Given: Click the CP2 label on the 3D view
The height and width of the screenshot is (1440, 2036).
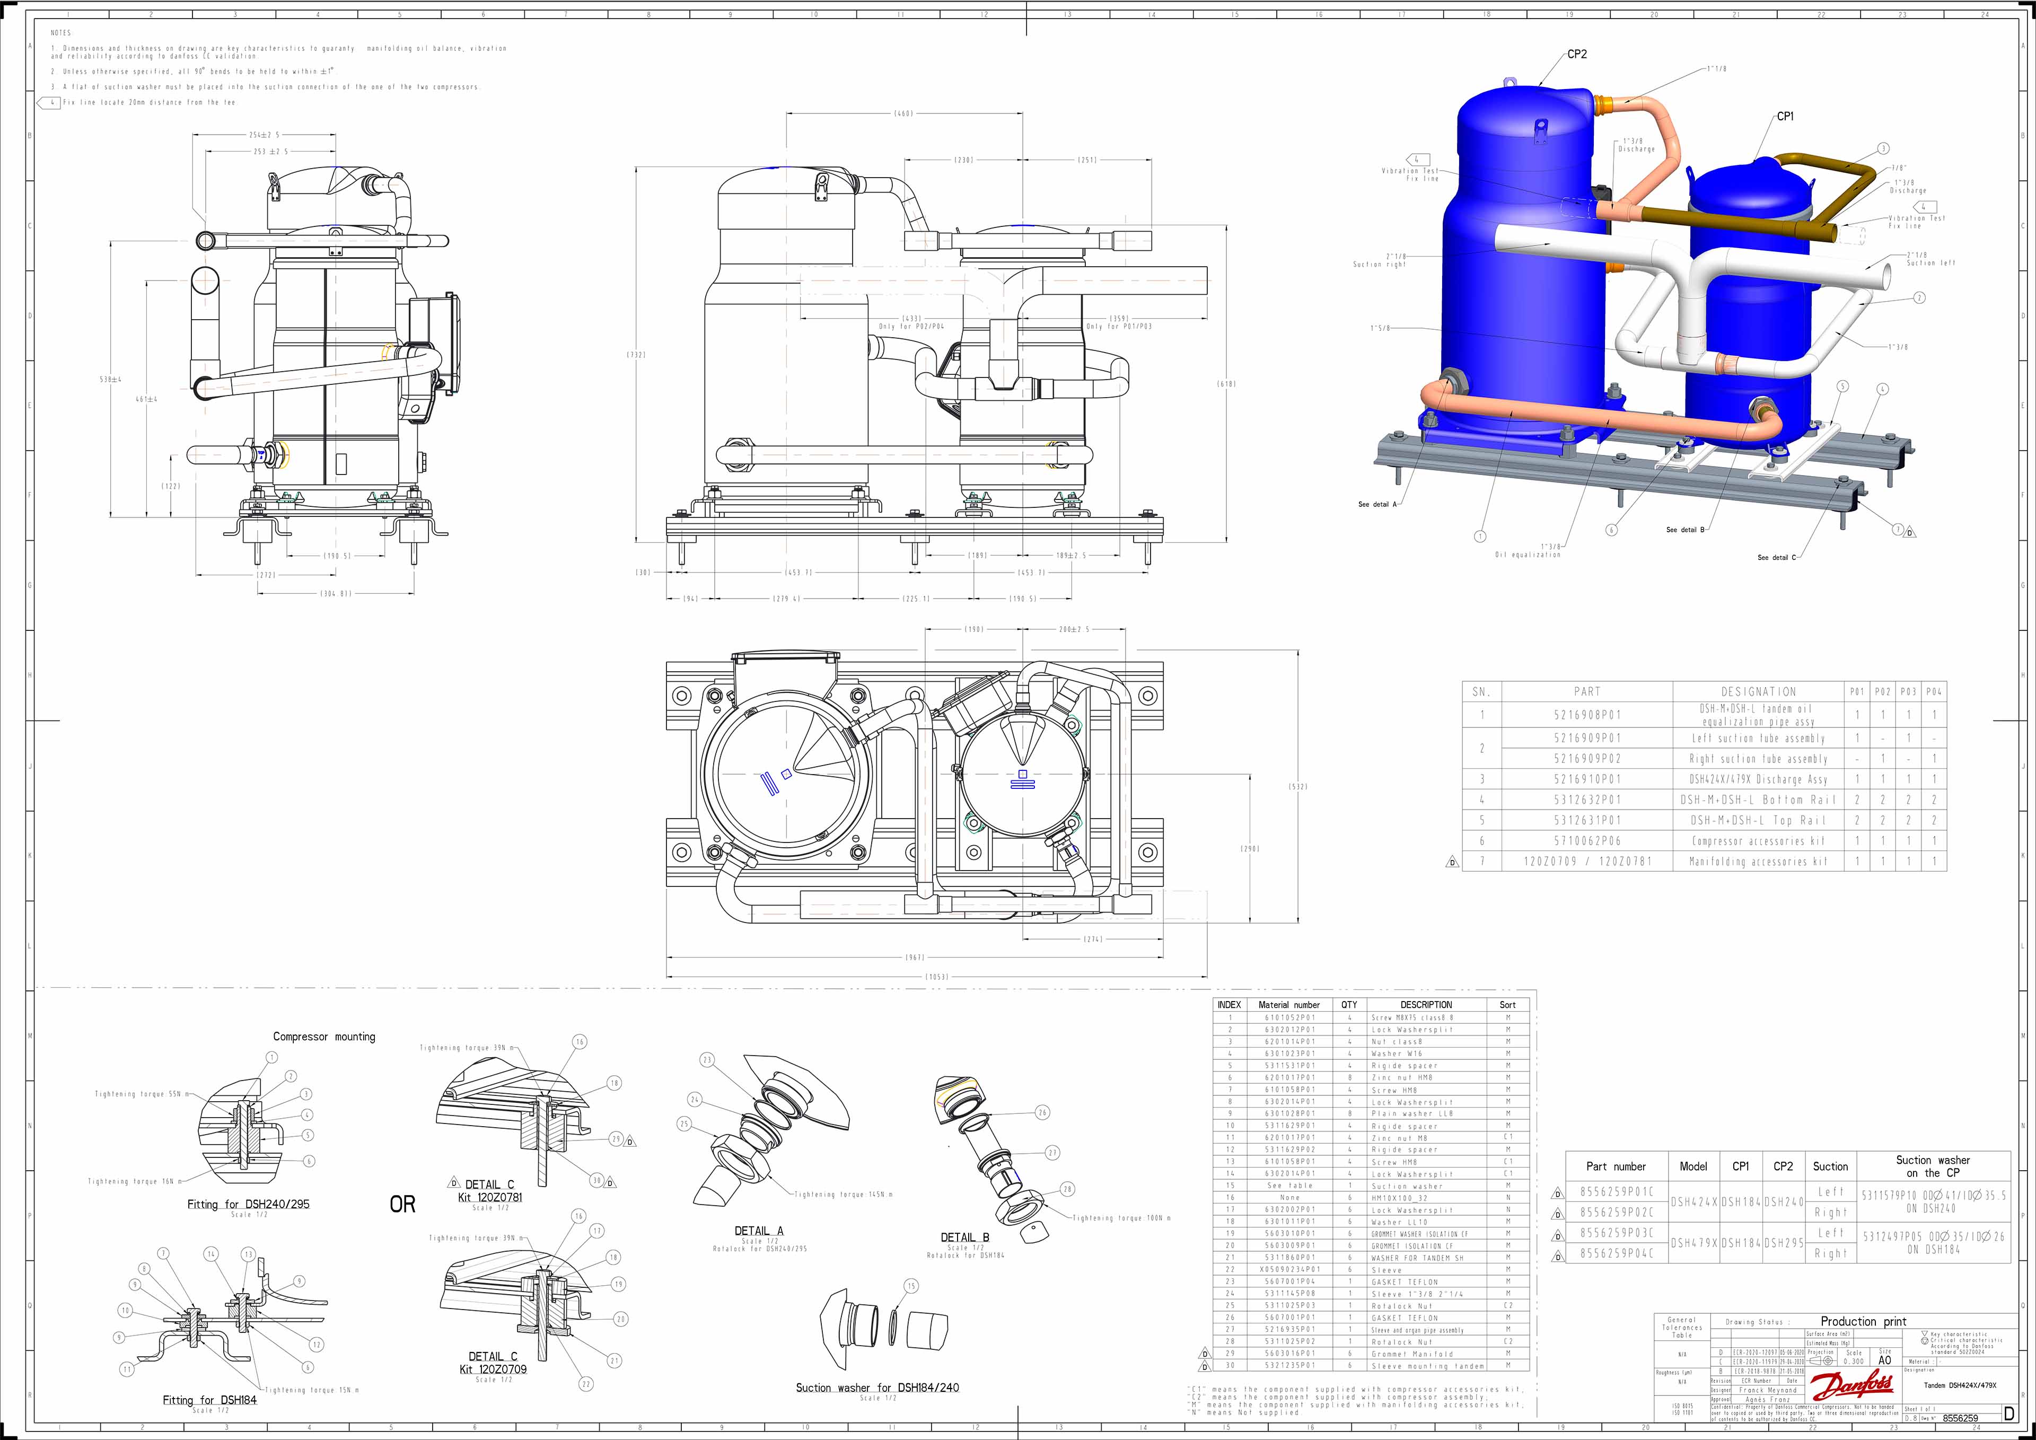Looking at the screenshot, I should click(1577, 54).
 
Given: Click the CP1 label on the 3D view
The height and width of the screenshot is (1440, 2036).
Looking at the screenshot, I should click(1785, 116).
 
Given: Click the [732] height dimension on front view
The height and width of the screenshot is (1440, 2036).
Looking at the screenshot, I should click(636, 355).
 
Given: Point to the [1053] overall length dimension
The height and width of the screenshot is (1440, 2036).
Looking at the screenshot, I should click(937, 976).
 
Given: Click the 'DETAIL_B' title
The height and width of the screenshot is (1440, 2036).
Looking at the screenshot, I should click(965, 1237).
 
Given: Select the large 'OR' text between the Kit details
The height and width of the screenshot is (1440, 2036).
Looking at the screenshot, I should click(402, 1204).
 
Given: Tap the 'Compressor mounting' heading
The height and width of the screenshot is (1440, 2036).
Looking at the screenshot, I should click(323, 1037).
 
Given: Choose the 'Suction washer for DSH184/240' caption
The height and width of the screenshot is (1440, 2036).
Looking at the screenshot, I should click(877, 1387).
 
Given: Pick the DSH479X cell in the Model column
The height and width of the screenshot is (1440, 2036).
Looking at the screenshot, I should click(1693, 1243).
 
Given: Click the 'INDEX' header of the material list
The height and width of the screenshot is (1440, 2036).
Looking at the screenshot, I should click(1229, 1005).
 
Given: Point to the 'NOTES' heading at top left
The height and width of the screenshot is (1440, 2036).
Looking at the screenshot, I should click(60, 33).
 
